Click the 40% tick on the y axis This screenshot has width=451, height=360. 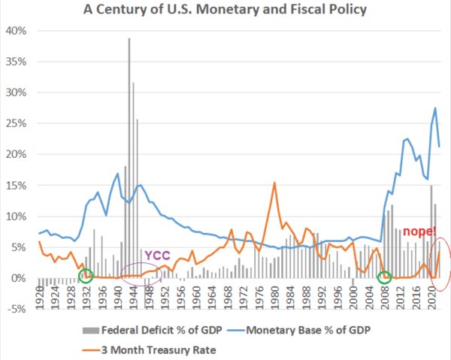click(16, 31)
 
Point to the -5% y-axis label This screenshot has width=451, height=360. click(16, 309)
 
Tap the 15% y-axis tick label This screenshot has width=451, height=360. click(16, 186)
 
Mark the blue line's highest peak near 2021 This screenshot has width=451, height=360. click(435, 108)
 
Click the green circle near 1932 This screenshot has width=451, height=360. click(86, 276)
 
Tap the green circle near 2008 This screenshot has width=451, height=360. click(384, 277)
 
